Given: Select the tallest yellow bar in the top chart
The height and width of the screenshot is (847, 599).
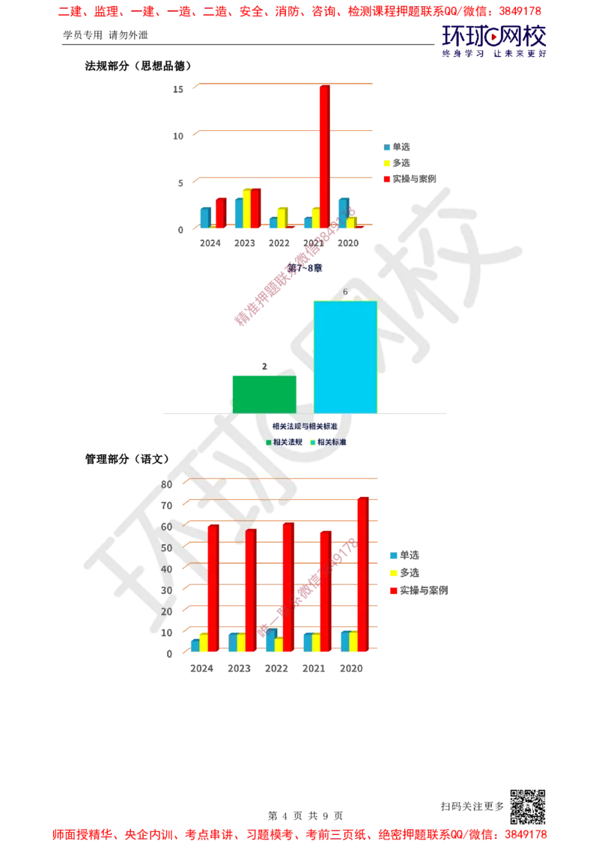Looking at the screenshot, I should pos(246,208).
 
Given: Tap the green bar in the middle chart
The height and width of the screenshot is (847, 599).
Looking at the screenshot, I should pos(265,394).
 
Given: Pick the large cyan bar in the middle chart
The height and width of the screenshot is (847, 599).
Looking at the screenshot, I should pos(344,356).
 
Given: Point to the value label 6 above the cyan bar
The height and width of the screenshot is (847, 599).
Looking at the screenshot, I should pos(345,292).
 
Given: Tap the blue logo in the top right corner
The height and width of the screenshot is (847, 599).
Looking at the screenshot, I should pos(494,41).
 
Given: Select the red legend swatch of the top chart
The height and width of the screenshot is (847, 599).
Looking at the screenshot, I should pos(387,179).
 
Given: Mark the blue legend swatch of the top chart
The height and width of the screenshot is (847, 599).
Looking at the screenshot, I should pos(387,147).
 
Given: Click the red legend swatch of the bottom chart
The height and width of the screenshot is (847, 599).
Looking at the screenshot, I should pos(394,591).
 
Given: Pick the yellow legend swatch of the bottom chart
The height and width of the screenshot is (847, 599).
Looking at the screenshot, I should pos(394,574).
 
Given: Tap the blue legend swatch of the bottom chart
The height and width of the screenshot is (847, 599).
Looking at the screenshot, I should pos(394,556).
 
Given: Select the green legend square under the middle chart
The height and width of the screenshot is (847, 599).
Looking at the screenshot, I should pos(269,442).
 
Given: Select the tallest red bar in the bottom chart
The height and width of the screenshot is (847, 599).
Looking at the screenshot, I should pos(363,572).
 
